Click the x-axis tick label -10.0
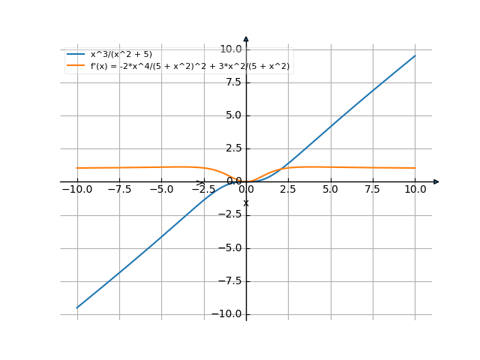pyautogui.click(x=77, y=190)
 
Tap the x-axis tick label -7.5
pyautogui.click(x=119, y=190)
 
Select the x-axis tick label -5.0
pyautogui.click(x=161, y=190)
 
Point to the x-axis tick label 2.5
pyautogui.click(x=288, y=190)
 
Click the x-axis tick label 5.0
pyautogui.click(x=331, y=190)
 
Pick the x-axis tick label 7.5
pyautogui.click(x=373, y=190)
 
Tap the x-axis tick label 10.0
pyautogui.click(x=415, y=190)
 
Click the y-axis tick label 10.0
pyautogui.click(x=230, y=49)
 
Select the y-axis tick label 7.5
pyautogui.click(x=232, y=82)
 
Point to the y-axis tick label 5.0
pyautogui.click(x=232, y=115)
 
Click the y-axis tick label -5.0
pyautogui.click(x=230, y=248)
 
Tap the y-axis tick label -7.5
pyautogui.click(x=230, y=281)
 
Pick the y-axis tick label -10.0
pyautogui.click(x=228, y=314)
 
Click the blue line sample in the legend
pyautogui.click(x=76, y=55)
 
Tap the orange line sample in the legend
pyautogui.click(x=76, y=67)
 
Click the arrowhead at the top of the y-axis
pyautogui.click(x=246, y=39)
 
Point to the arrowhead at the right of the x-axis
pyautogui.click(x=436, y=181)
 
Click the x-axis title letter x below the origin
pyautogui.click(x=245, y=202)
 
